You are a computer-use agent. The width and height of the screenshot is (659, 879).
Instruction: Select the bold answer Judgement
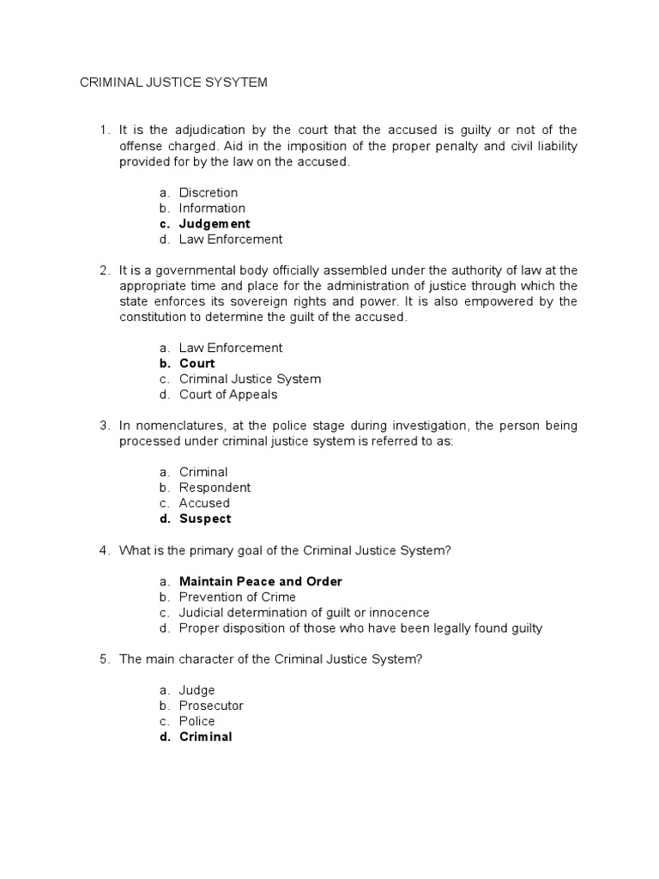(215, 224)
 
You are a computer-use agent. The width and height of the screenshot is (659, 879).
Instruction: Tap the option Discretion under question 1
(209, 192)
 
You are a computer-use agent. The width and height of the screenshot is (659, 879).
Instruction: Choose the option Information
(212, 208)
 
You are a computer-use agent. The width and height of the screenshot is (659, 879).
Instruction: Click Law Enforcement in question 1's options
(230, 239)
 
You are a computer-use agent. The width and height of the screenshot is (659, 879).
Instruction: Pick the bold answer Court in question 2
(196, 363)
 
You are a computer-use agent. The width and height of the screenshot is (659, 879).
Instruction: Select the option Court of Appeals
(228, 395)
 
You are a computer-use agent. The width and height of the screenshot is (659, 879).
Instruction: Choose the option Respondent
(215, 488)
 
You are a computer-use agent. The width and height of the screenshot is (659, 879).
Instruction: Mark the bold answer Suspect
(205, 518)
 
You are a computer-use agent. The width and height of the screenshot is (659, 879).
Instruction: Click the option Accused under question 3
(204, 503)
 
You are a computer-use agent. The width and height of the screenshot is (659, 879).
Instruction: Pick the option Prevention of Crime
(237, 597)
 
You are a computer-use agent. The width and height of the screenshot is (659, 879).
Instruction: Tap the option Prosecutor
(211, 706)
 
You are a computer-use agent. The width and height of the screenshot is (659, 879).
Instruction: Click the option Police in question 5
(196, 721)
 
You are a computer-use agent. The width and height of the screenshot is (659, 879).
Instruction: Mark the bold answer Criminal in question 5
(205, 737)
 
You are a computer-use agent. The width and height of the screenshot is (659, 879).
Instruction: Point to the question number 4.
(104, 550)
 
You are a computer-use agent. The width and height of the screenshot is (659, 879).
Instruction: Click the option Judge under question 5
(196, 690)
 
